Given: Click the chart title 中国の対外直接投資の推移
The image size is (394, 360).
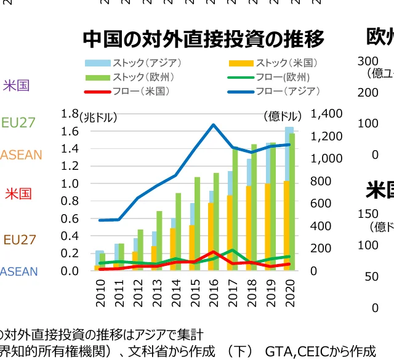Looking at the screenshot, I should point(203,39).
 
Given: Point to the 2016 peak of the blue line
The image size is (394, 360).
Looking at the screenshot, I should point(213,125).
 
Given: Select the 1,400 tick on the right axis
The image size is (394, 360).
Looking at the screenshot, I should point(327,114).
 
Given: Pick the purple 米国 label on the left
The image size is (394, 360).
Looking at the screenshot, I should point(16,85).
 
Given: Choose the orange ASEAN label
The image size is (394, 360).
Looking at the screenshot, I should point(21,155).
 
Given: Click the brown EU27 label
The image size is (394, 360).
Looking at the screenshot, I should point(20,239).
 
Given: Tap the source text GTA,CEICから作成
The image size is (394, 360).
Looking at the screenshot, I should point(320,351).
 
